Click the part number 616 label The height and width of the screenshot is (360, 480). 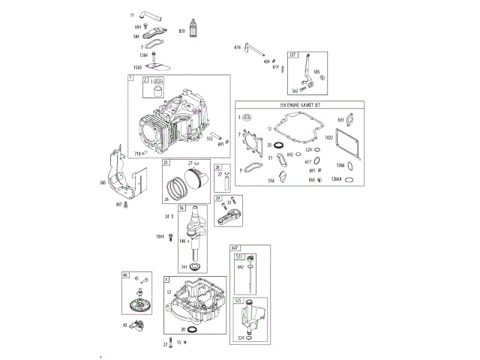pyautogui.click(x=237, y=48)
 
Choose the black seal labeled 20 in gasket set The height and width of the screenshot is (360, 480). pyautogui.click(x=279, y=144)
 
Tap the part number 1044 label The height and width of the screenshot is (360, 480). pyautogui.click(x=159, y=237)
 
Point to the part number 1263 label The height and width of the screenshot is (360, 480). pyautogui.click(x=138, y=66)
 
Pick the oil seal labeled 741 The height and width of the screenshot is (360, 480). pyautogui.click(x=195, y=267)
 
